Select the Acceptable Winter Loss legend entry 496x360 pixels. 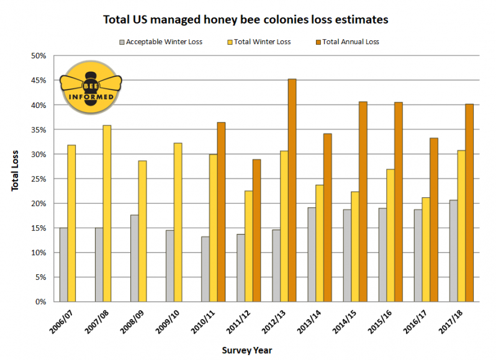163,42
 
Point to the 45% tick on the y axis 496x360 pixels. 38,80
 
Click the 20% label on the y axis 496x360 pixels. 38,204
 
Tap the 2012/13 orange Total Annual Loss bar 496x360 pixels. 292,190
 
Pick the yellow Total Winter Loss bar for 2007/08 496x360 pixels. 107,214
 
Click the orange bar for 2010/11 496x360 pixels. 221,212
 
